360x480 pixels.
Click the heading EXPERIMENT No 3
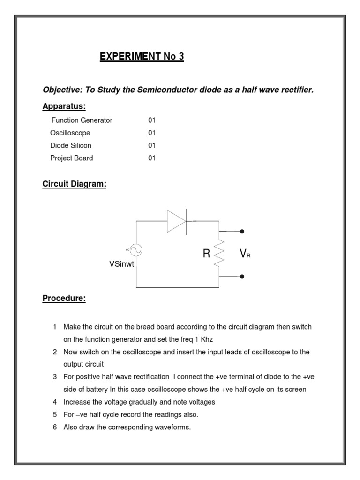point(142,57)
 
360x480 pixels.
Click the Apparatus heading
point(64,106)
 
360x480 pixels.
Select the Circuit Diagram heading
point(74,184)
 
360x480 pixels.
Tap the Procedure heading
point(64,298)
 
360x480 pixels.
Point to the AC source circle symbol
point(136,250)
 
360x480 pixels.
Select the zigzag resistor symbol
point(219,254)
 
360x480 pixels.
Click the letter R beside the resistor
point(206,254)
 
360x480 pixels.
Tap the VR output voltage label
point(245,254)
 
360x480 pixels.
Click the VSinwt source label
point(121,264)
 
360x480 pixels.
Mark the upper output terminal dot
point(242,232)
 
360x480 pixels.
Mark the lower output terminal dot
point(242,277)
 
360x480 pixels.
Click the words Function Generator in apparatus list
point(82,120)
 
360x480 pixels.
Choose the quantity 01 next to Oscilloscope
point(151,133)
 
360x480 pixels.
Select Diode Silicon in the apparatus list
point(71,145)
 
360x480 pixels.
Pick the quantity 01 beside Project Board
point(151,158)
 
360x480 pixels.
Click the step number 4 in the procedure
point(55,402)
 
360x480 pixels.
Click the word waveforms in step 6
point(173,427)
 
